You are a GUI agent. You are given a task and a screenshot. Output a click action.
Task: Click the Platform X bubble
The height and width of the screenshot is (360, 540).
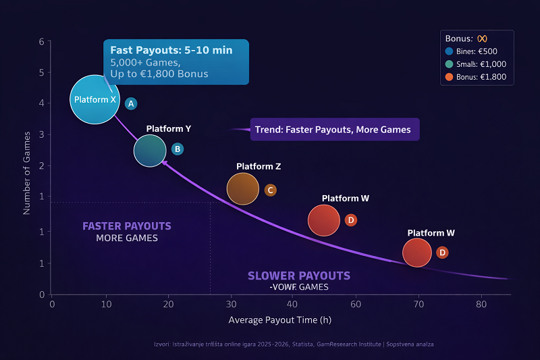[94, 100]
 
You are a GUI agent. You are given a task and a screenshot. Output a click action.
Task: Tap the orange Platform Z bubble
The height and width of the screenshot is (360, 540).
[243, 188]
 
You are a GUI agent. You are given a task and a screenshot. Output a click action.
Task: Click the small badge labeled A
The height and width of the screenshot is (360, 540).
[132, 103]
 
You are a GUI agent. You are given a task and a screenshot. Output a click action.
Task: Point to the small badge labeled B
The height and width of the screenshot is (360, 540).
[177, 149]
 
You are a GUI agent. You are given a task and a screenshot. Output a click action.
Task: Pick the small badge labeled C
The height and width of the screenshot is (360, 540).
[270, 190]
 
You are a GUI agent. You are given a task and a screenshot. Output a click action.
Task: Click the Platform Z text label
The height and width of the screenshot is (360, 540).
[259, 166]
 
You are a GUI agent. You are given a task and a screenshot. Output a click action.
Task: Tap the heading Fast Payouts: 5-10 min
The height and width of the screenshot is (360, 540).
[171, 51]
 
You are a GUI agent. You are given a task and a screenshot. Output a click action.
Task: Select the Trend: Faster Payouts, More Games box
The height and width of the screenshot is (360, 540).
[335, 129]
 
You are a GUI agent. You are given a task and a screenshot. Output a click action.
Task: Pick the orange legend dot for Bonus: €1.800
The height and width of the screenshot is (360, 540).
[449, 78]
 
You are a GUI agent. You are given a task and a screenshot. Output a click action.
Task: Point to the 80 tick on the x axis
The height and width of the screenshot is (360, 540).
[481, 304]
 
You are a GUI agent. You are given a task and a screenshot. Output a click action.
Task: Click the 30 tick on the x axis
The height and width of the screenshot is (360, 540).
[230, 304]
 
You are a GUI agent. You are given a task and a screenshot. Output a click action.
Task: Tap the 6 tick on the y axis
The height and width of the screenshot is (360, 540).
[42, 41]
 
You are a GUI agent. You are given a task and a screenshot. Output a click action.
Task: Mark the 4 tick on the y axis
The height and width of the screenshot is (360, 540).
[42, 103]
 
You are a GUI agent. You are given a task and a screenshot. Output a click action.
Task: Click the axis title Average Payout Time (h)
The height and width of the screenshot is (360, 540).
[279, 319]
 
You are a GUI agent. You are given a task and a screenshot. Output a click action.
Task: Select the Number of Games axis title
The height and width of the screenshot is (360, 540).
[27, 168]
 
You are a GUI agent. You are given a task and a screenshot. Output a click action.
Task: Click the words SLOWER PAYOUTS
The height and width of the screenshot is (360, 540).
[298, 276]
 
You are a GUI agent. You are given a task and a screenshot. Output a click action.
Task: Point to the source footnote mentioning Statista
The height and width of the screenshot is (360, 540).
[294, 344]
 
